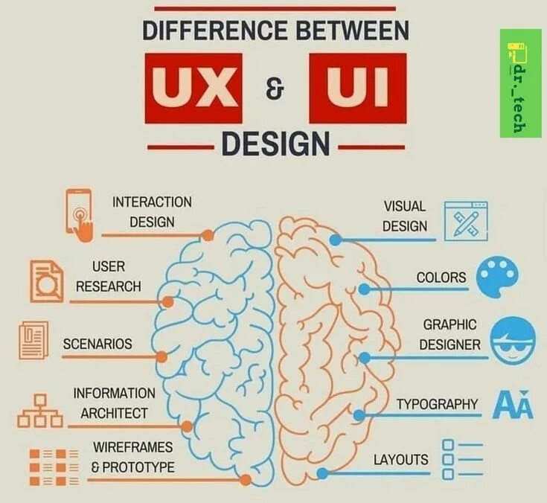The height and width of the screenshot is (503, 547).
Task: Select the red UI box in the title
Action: (357, 88)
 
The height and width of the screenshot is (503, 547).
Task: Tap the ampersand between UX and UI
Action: (274, 89)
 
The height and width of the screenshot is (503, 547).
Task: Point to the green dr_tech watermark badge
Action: (520, 83)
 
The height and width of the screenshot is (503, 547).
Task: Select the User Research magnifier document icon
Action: (46, 281)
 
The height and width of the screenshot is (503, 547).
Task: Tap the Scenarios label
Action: (97, 344)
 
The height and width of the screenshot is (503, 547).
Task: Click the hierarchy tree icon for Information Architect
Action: (40, 411)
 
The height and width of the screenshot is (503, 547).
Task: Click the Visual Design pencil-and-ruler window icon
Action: (466, 220)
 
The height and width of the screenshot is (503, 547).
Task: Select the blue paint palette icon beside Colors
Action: (497, 278)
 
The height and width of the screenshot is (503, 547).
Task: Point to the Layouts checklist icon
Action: (461, 459)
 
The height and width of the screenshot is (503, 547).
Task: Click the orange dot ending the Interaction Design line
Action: (208, 235)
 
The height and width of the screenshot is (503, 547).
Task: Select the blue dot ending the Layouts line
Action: (322, 473)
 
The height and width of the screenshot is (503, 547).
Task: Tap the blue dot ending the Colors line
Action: (364, 289)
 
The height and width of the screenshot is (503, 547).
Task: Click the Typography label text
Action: (437, 404)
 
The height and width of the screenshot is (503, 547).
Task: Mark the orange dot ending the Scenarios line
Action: (161, 357)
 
